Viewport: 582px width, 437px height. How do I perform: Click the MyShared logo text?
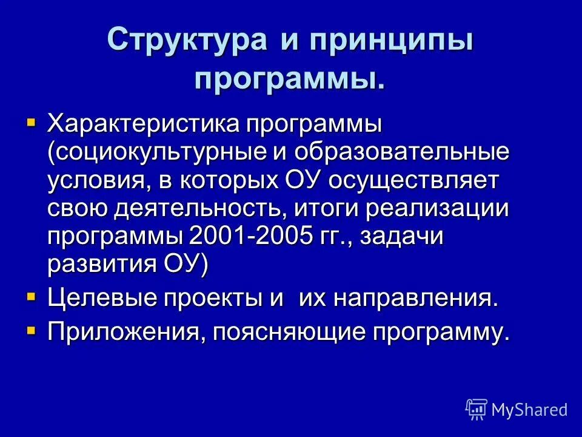[529, 410]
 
